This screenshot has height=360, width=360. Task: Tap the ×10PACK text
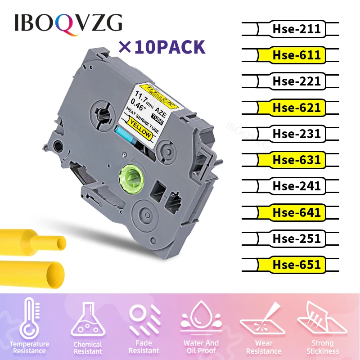coord(161,46)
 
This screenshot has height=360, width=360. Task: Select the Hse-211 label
coord(296,29)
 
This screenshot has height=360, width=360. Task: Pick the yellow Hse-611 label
coord(296,55)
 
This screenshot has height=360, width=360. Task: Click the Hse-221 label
coord(296,81)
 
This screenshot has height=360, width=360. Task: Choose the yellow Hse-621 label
coord(296,108)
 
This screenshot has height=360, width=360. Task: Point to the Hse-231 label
coord(296,134)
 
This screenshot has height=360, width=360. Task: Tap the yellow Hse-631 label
coord(296,160)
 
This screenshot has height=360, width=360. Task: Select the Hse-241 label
coord(296,186)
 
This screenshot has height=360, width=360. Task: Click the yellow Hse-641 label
coord(296,212)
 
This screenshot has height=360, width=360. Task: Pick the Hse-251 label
coord(296,238)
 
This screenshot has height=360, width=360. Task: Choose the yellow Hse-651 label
coord(296,264)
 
